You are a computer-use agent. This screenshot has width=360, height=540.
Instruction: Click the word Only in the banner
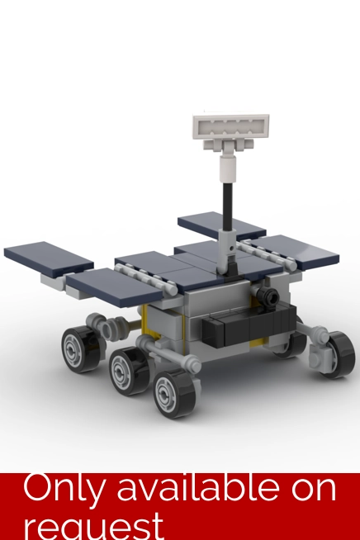click(x=63, y=488)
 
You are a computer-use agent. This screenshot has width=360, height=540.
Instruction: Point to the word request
click(x=94, y=527)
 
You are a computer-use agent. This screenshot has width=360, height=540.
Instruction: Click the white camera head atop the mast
click(x=231, y=127)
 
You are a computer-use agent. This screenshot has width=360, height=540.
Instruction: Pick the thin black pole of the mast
click(x=227, y=206)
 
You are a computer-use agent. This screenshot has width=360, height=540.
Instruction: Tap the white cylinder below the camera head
click(x=227, y=168)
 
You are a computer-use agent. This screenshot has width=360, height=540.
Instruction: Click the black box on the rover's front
click(x=249, y=325)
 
